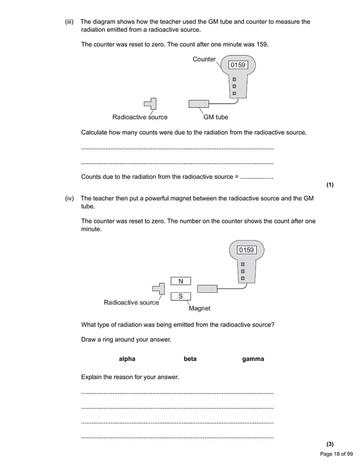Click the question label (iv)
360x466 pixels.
coord(71,199)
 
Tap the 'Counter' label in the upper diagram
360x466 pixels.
coord(204,59)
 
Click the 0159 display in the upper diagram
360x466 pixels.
coord(238,65)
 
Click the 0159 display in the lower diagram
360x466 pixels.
coord(247,249)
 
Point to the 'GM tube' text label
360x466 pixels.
coord(216,117)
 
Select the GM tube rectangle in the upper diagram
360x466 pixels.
coord(198,104)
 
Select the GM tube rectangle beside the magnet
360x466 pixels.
coord(207,289)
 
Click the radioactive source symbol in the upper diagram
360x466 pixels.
coord(151,104)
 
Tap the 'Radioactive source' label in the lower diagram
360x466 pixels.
coord(131,302)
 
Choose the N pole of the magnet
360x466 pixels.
coord(181,281)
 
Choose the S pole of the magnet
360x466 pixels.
coord(181,296)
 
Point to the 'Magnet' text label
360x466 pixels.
coord(199,309)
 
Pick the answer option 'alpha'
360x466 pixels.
coord(127,359)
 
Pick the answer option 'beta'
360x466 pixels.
coord(190,359)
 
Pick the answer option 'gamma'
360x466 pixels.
coord(253,359)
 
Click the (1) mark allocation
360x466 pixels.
coord(330,184)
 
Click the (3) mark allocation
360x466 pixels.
coord(330,445)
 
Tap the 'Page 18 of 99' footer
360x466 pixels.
coord(336,454)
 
